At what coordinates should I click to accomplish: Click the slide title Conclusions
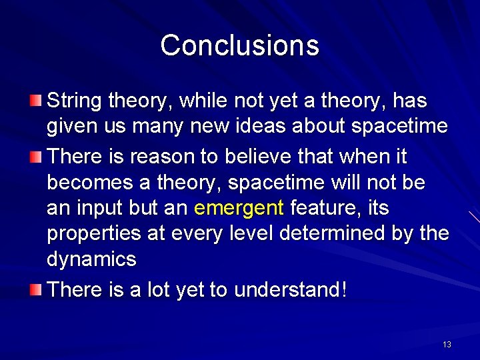pos(240,45)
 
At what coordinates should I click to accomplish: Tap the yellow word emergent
pos(239,209)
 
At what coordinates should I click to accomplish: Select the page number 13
pos(447,344)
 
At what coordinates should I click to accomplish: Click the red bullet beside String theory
pos(35,100)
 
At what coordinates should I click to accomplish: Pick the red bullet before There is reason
pos(35,156)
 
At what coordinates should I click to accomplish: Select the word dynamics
pos(91,259)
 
